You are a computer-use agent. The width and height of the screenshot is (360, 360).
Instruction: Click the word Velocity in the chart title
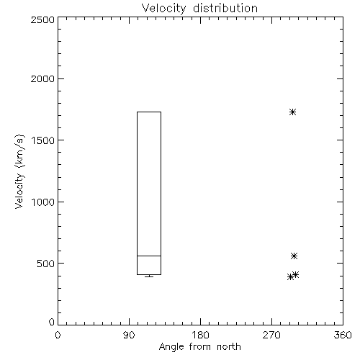tap(163, 8)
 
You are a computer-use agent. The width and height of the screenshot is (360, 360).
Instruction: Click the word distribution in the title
tap(225, 8)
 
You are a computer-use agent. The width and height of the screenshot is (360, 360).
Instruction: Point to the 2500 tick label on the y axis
tap(42, 19)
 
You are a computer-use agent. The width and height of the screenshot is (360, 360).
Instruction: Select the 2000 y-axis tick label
tap(42, 78)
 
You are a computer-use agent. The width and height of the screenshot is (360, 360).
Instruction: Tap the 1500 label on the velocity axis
tap(43, 140)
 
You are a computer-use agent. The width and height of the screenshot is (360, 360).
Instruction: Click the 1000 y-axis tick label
tap(43, 202)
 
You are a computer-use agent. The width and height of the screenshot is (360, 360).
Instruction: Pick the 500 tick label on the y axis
tap(46, 264)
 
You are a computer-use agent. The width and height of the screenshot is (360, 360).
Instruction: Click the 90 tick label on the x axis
tap(129, 335)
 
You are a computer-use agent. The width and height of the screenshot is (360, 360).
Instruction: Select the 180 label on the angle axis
tap(200, 335)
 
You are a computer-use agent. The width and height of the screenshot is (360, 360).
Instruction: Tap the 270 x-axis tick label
tap(271, 335)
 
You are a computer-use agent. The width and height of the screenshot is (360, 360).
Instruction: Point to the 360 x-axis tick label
tap(343, 335)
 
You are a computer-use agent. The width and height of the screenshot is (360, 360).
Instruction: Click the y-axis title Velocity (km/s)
tap(19, 171)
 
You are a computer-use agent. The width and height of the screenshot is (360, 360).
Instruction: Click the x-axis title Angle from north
tap(200, 347)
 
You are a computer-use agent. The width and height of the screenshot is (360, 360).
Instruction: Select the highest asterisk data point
tap(292, 112)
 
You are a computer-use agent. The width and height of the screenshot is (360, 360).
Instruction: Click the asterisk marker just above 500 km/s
tap(294, 256)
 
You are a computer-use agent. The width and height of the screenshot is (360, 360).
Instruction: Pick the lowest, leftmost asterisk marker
tap(290, 277)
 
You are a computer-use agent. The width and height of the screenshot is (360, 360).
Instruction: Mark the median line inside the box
tap(149, 256)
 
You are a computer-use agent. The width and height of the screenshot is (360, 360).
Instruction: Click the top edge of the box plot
tap(149, 112)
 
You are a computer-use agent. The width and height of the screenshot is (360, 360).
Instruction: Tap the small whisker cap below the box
tap(149, 276)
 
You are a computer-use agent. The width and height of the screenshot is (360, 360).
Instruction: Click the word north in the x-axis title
tap(229, 347)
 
